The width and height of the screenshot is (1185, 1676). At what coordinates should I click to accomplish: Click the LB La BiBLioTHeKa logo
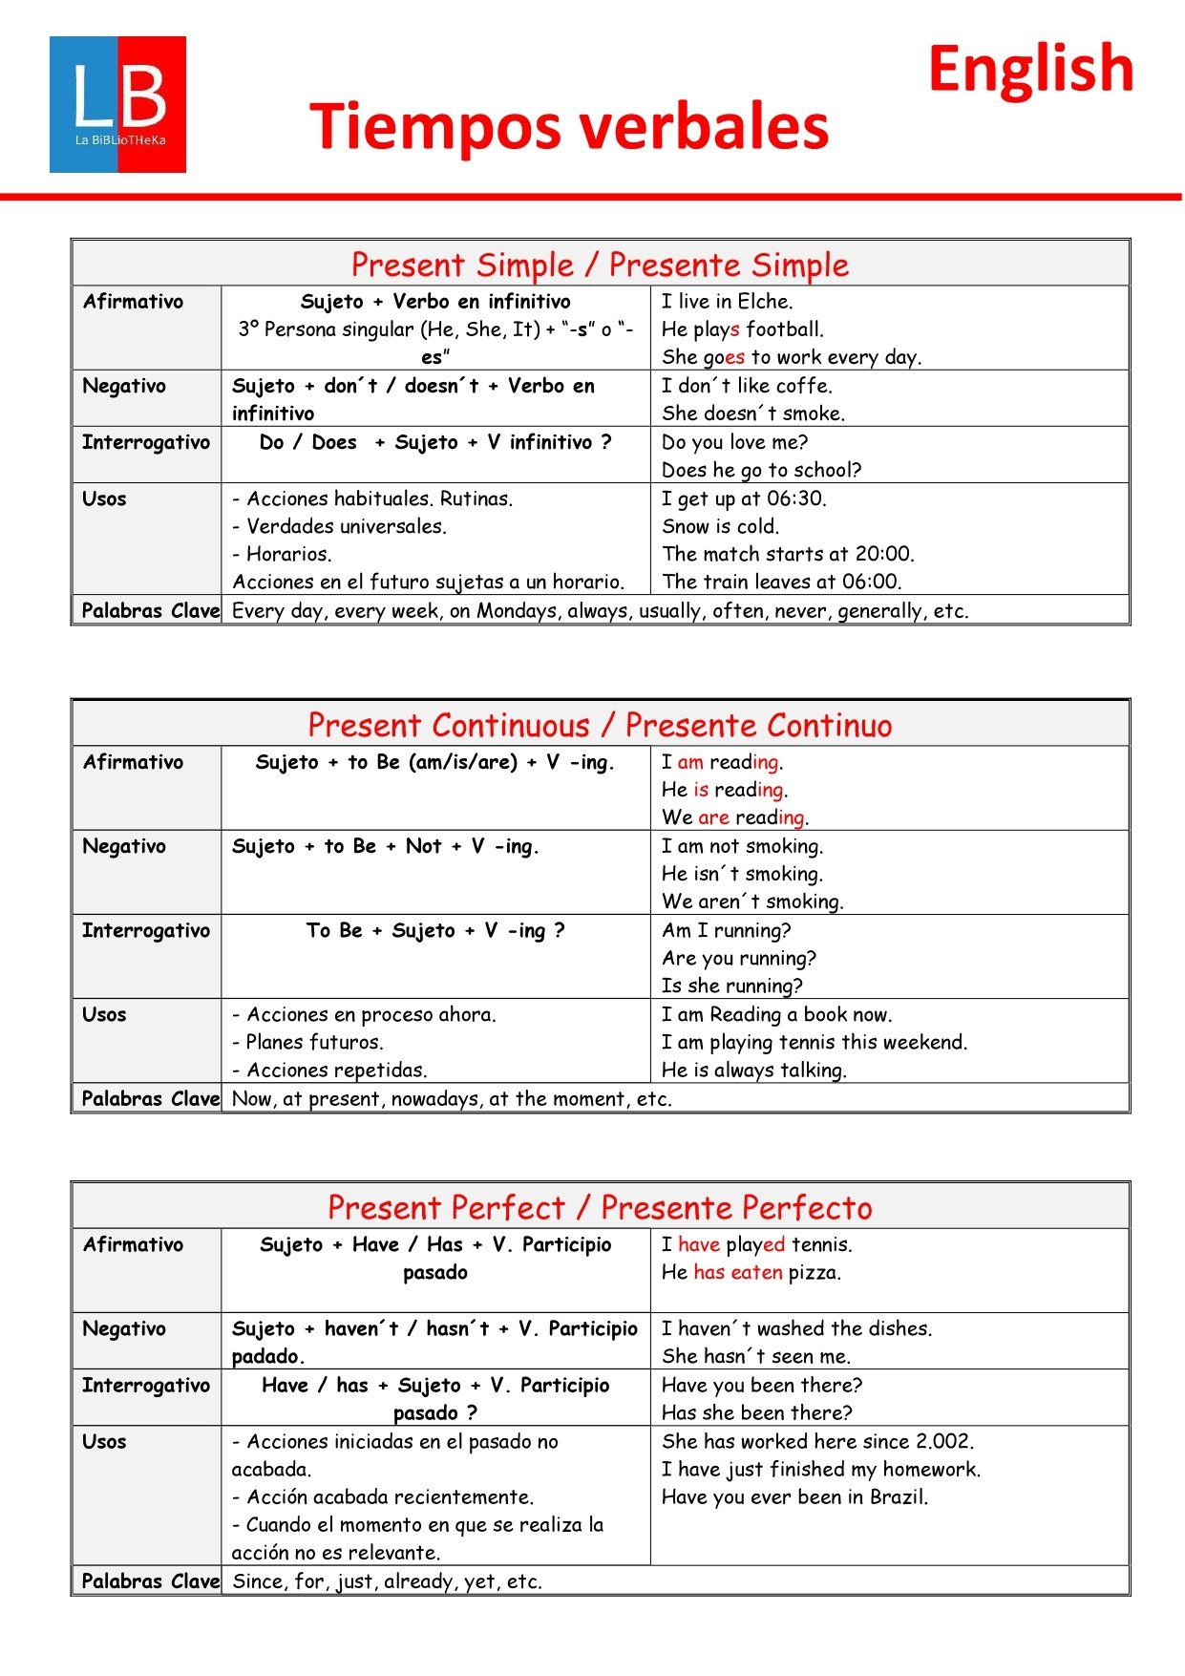click(117, 104)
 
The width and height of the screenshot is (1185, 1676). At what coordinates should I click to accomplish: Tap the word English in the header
click(1030, 69)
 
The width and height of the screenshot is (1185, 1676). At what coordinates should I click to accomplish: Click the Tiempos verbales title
click(569, 127)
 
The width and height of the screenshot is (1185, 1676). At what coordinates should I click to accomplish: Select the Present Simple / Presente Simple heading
click(600, 265)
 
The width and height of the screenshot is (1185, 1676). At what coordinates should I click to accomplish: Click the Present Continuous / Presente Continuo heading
click(600, 725)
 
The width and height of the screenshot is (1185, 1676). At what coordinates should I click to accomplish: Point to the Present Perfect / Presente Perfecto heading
click(600, 1207)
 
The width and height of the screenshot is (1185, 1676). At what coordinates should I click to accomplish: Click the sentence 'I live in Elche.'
click(727, 302)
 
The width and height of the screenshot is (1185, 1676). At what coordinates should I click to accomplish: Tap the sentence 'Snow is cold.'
click(720, 526)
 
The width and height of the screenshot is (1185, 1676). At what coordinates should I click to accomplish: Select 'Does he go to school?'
click(761, 470)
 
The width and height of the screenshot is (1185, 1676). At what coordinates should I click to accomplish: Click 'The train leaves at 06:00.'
click(781, 582)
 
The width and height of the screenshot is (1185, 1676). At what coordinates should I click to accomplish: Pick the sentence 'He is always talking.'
click(753, 1071)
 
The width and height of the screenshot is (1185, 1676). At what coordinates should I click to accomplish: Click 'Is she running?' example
click(731, 986)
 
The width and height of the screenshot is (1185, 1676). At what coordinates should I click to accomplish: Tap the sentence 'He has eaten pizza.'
click(751, 1272)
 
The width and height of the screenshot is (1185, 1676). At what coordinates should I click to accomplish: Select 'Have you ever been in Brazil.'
click(794, 1496)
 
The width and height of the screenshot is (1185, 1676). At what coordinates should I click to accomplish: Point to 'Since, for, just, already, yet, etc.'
click(387, 1581)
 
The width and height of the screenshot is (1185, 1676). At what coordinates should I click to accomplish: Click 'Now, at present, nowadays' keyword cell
click(452, 1099)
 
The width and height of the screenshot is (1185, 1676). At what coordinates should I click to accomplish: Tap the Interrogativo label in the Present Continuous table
click(145, 930)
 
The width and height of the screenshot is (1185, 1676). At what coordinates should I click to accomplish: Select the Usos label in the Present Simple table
click(104, 499)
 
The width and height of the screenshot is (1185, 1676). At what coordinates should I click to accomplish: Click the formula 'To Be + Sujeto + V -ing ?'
click(435, 930)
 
